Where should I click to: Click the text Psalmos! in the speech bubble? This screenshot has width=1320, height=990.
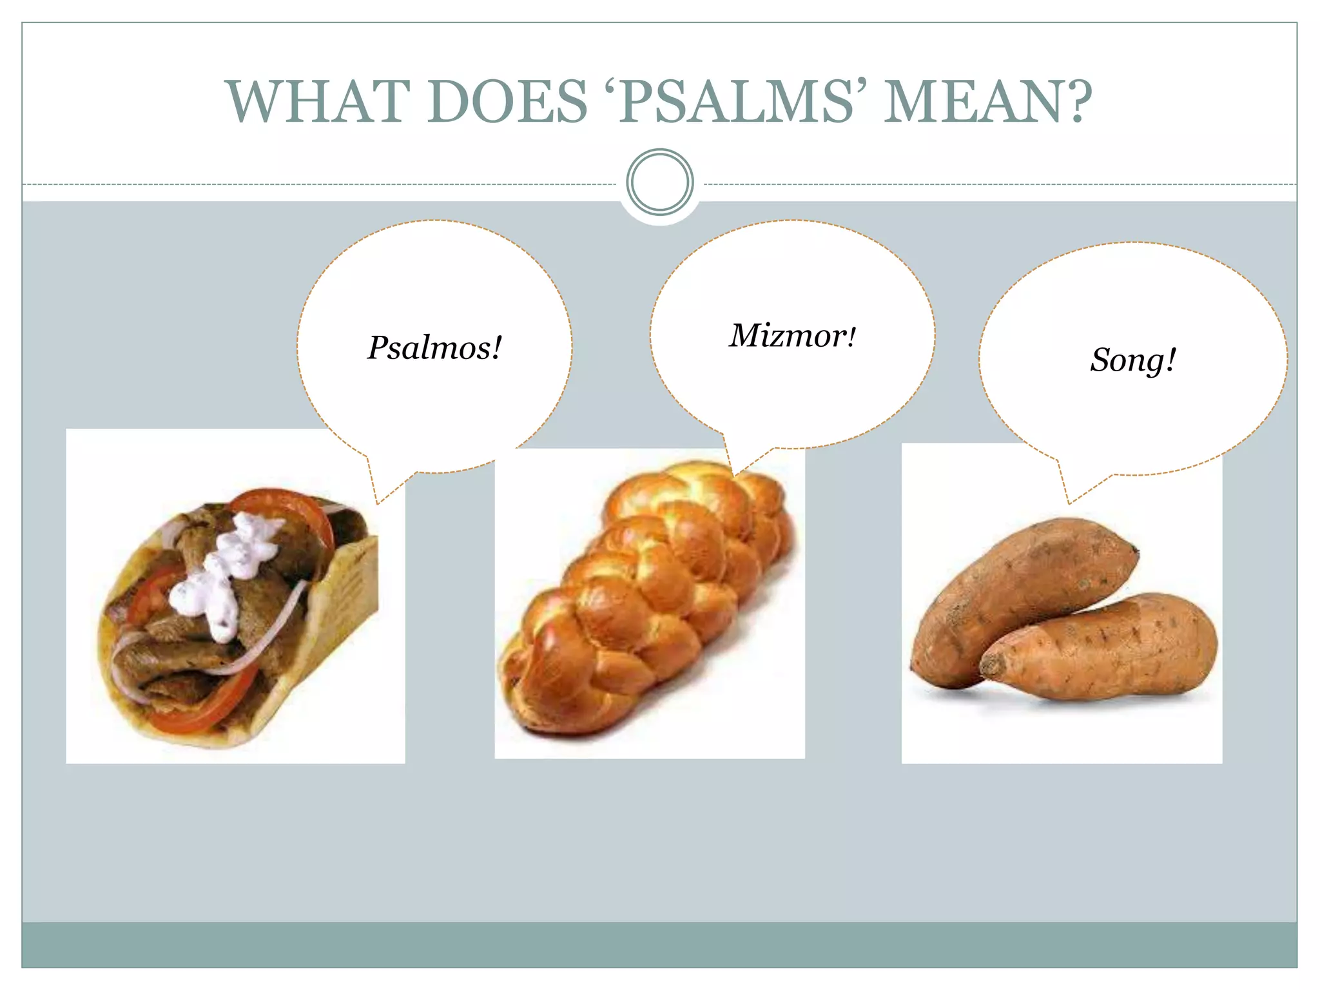[434, 348]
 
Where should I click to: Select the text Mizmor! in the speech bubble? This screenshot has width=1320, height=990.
[793, 336]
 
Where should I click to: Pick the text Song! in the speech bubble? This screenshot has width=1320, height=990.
[1132, 360]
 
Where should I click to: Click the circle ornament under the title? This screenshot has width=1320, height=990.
[659, 182]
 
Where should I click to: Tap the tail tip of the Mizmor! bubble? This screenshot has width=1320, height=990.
[733, 476]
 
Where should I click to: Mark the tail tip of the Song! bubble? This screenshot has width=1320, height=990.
[1069, 503]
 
